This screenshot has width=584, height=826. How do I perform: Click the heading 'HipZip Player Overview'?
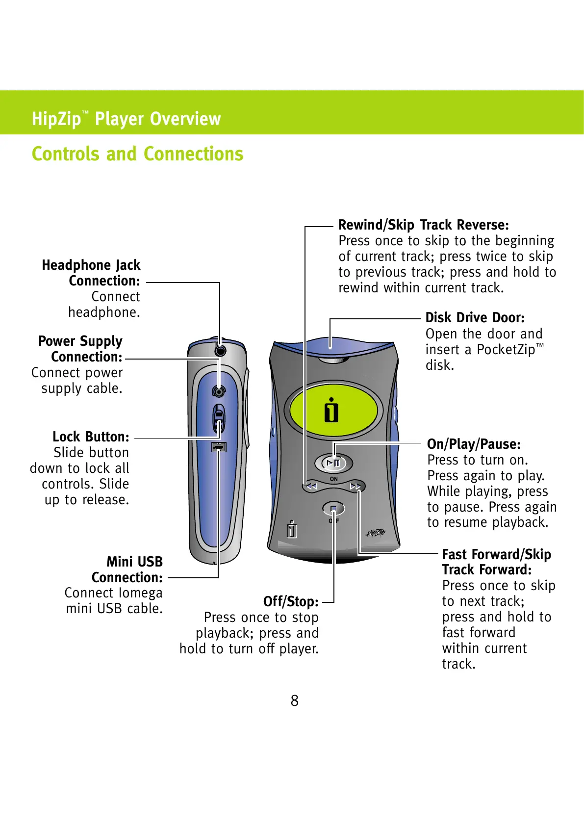click(126, 119)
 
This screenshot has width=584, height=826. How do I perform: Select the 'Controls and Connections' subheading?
click(137, 154)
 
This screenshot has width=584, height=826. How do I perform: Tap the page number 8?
click(294, 700)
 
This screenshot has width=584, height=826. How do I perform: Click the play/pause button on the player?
click(333, 463)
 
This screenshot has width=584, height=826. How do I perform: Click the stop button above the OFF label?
click(333, 509)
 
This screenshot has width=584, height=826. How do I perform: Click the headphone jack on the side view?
click(220, 350)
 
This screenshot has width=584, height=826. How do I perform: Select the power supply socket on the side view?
click(219, 391)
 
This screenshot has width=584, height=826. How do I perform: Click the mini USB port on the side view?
click(219, 447)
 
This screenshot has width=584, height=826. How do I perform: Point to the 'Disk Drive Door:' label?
click(475, 318)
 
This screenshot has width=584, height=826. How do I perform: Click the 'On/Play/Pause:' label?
click(474, 444)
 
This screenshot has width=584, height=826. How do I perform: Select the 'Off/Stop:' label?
click(291, 602)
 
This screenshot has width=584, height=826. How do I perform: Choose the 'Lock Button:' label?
click(91, 437)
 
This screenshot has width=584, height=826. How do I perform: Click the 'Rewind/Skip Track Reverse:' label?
click(424, 225)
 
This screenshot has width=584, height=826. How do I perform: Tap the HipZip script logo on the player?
click(376, 533)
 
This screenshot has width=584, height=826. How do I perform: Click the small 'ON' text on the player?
click(334, 479)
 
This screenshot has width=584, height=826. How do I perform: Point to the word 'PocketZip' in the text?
click(506, 350)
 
